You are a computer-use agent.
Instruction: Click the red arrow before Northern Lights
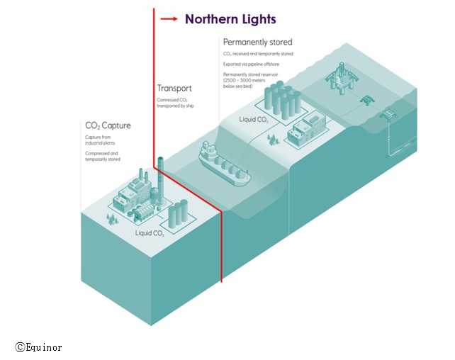click(x=169, y=19)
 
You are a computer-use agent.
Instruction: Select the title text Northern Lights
click(x=230, y=19)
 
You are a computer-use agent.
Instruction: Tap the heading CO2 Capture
click(x=108, y=126)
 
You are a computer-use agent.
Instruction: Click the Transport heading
click(x=174, y=89)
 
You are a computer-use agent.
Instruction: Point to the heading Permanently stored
click(x=257, y=43)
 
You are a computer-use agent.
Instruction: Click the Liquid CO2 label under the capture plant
click(x=150, y=232)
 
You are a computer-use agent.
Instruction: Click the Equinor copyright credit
click(x=38, y=347)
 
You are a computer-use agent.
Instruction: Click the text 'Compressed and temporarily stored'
click(x=102, y=156)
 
